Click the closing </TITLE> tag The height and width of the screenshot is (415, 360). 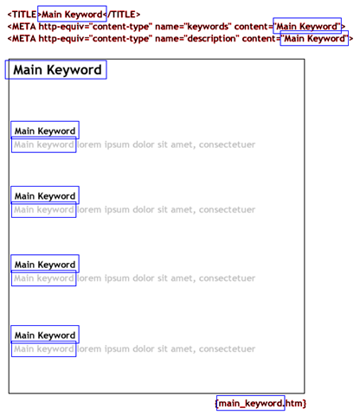point(121,15)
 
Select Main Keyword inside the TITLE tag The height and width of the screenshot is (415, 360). point(72,15)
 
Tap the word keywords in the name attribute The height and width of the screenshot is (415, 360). point(208,27)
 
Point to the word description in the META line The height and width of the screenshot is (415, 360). point(212,39)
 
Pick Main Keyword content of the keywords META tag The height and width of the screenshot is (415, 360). point(307,27)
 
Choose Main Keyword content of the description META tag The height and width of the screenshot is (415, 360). point(315,39)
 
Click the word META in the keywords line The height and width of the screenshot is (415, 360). point(24,27)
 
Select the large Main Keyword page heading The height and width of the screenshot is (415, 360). point(57,70)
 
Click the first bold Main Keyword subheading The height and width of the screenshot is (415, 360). point(45,131)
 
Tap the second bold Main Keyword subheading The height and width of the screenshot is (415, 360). point(45,196)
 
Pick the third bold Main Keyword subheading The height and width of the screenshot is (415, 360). point(45,265)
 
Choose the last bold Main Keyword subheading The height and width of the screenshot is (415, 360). point(45,335)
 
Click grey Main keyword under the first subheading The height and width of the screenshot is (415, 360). point(44,144)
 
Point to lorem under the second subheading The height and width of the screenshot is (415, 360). point(89,210)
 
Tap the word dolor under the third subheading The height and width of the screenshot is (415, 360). point(144,278)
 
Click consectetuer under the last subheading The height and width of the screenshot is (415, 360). point(227,349)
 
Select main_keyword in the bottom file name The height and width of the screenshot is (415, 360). point(250,403)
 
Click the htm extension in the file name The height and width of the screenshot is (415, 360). point(294,403)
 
